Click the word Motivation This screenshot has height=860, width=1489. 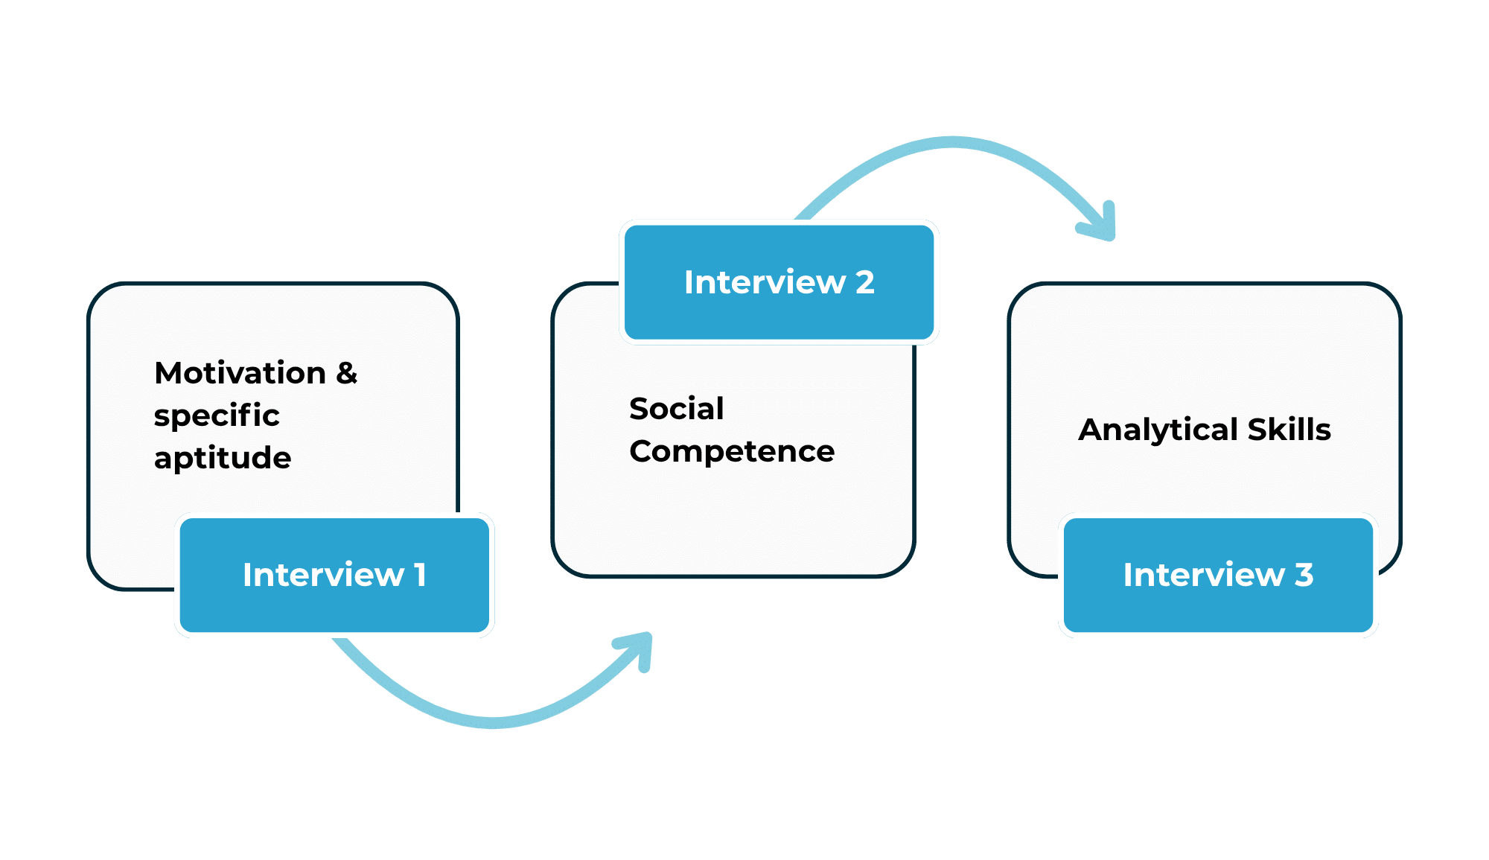(240, 373)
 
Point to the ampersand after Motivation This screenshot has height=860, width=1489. (346, 373)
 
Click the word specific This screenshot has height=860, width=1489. (217, 415)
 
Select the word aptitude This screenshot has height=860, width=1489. (223, 458)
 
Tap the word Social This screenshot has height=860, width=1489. (676, 409)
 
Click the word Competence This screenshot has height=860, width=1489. (732, 451)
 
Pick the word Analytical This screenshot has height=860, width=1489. (1158, 430)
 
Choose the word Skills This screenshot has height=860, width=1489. (1289, 430)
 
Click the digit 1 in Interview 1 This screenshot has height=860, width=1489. (421, 575)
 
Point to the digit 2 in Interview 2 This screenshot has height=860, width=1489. (864, 282)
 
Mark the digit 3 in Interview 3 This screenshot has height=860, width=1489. (1304, 575)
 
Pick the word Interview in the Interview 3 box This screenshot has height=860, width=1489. (1204, 575)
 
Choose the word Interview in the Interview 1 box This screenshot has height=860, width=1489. (323, 575)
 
